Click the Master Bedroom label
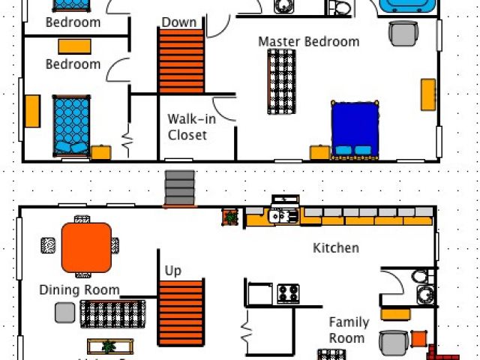308,41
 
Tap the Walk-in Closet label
187,127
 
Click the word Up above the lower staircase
172,271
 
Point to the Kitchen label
335,247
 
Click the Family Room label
349,330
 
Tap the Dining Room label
79,289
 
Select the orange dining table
86,247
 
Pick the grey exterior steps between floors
180,187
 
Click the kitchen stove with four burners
288,292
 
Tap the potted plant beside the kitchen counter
230,217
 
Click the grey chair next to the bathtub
403,34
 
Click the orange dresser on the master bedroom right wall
428,94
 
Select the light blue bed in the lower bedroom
71,124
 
